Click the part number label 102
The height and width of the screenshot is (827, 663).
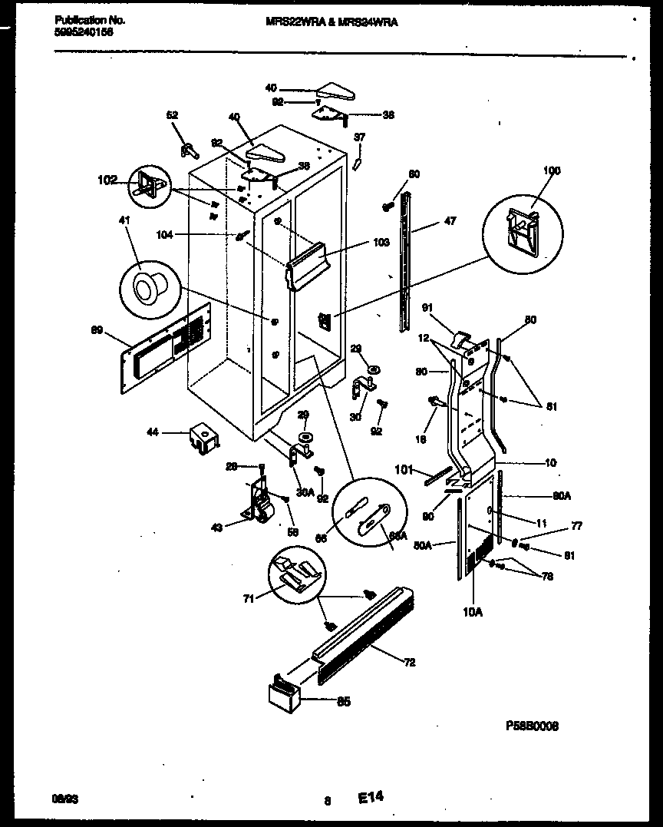click(x=107, y=180)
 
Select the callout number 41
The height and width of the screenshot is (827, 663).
click(x=125, y=220)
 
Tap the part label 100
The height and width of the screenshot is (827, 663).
click(x=552, y=170)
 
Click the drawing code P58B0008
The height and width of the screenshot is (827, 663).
click(x=532, y=725)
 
